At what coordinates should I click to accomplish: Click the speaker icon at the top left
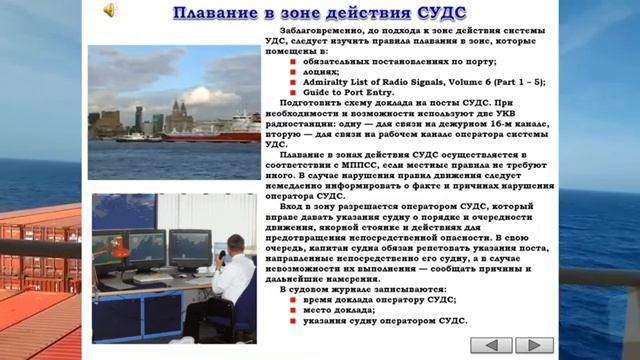108,11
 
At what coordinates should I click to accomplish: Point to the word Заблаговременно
315,30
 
